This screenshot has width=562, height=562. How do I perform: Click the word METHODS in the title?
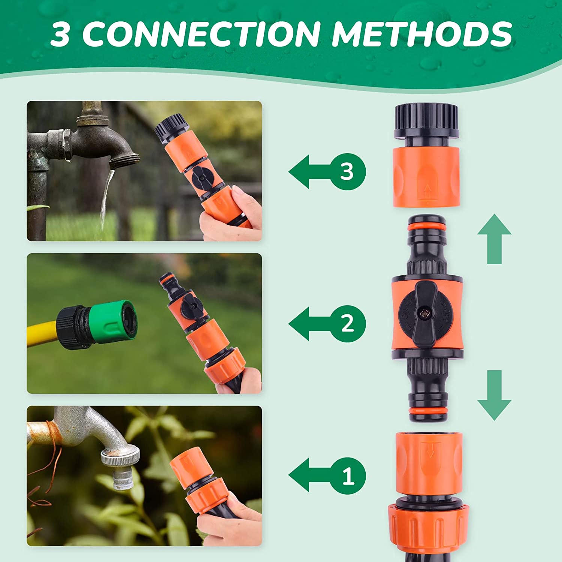click(x=422, y=34)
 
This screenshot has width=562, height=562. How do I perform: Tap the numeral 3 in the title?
click(x=60, y=34)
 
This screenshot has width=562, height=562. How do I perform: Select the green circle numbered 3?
click(x=347, y=172)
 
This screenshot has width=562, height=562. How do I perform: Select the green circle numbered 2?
click(x=347, y=324)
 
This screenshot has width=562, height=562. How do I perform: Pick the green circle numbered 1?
click(x=347, y=476)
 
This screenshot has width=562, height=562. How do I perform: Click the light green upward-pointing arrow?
click(x=494, y=239)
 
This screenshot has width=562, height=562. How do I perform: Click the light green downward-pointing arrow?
click(x=494, y=395)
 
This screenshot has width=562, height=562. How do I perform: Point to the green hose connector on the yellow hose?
click(x=112, y=321)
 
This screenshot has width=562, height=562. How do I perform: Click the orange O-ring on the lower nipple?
click(x=427, y=411)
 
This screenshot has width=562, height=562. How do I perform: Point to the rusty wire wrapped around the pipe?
click(x=52, y=431)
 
